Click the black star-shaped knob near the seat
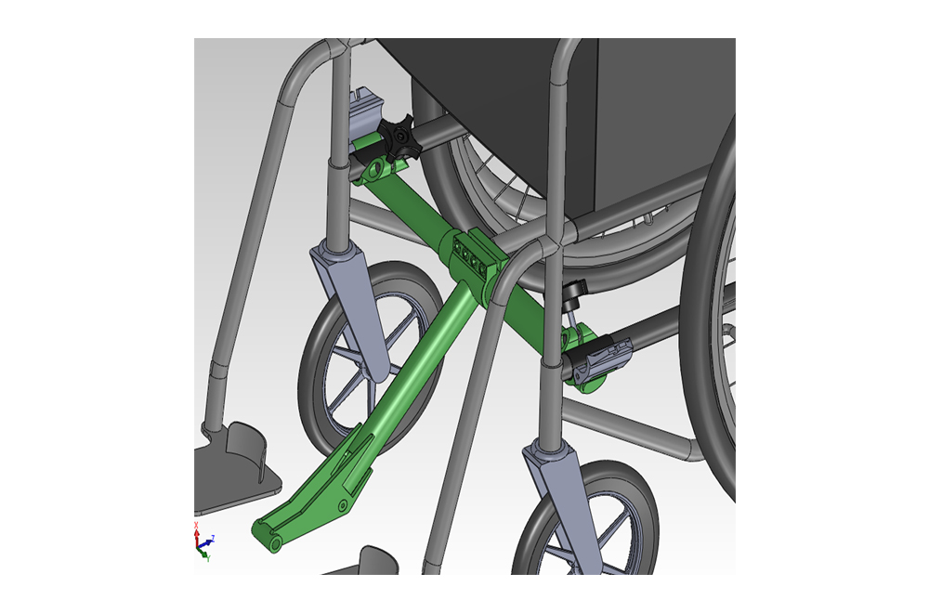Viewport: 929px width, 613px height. pos(399,139)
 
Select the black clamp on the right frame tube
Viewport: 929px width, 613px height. pos(599,359)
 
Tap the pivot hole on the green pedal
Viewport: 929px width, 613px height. pos(343,503)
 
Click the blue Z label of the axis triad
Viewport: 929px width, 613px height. pos(213,538)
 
